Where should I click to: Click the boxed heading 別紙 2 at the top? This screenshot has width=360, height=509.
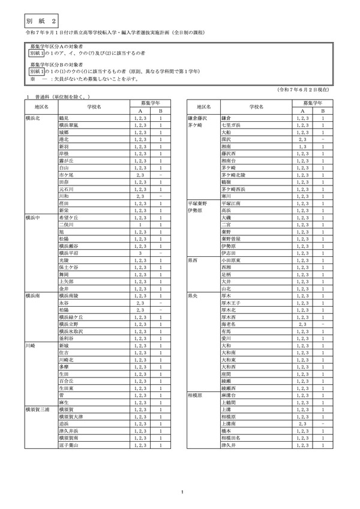point(39,20)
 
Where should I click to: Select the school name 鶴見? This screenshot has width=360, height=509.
point(62,118)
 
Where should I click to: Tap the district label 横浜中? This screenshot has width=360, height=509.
point(34,218)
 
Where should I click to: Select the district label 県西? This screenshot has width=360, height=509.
point(193,261)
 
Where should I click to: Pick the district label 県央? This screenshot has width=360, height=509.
point(193,297)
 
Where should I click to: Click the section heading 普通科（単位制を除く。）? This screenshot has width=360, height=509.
point(62,97)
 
